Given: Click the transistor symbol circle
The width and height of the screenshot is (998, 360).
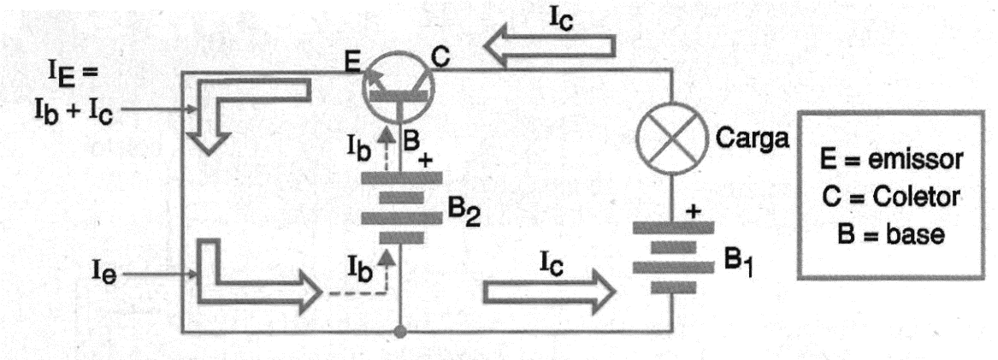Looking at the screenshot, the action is point(398,85).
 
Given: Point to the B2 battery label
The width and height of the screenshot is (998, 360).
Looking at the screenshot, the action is point(464,217).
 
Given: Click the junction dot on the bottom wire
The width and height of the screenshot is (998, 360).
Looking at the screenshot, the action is point(399,332).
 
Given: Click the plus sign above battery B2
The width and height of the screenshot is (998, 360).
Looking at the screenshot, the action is point(425,161).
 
